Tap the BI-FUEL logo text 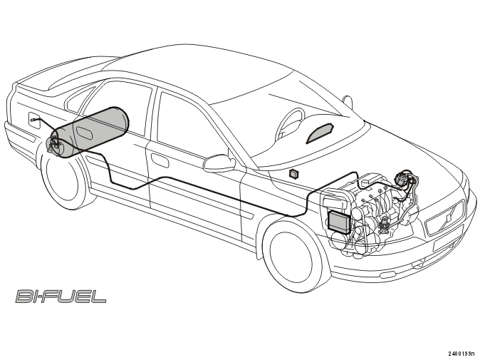(61, 296)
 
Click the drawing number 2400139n (462, 354)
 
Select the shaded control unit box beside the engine (338, 222)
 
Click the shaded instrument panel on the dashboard (320, 133)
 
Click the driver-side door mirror (219, 163)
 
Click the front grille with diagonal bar (446, 218)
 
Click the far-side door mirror (348, 102)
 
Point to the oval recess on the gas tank (84, 132)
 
